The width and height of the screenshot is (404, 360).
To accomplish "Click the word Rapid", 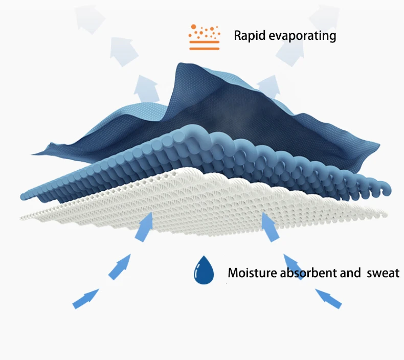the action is click(x=250, y=36).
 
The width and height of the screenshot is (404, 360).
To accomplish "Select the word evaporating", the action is click(x=302, y=36).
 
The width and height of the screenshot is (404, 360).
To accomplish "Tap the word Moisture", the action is click(x=252, y=273).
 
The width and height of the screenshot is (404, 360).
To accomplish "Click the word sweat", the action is click(x=383, y=273).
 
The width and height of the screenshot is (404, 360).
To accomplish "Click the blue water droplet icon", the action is click(x=204, y=270).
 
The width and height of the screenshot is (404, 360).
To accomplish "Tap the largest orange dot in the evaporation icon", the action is click(x=193, y=27).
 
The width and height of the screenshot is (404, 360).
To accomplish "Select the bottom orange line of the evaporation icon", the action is click(x=205, y=49).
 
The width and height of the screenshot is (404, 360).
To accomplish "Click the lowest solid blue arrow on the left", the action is click(x=86, y=299).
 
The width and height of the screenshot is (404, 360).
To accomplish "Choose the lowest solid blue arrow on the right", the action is click(x=328, y=299).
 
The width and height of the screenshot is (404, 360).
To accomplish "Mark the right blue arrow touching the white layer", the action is click(x=270, y=227).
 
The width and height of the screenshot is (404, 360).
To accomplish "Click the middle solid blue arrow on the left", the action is click(x=120, y=267).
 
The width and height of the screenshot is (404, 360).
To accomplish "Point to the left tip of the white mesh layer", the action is click(x=20, y=218).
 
